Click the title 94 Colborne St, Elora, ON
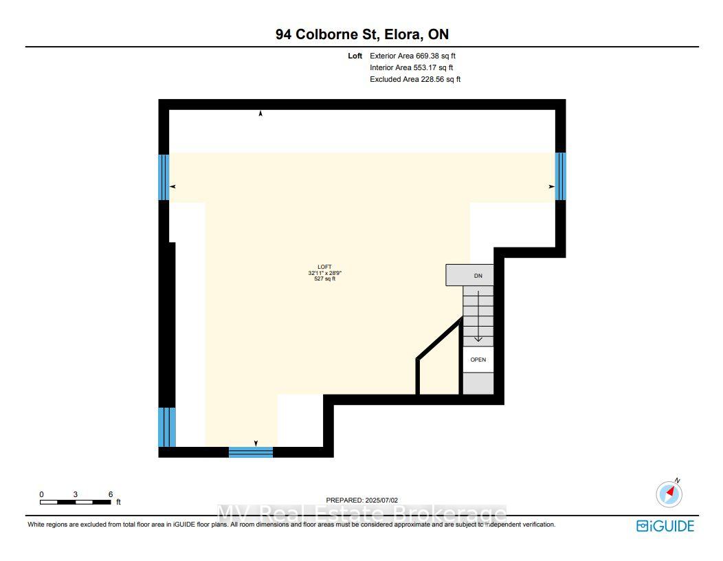[362, 34]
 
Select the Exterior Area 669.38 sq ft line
[412, 56]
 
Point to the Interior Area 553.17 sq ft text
[411, 67]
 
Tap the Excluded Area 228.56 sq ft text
[415, 79]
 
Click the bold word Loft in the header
[355, 56]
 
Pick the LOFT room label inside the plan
[324, 267]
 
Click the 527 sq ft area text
[324, 278]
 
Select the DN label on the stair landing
[478, 276]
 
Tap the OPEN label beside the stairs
[478, 360]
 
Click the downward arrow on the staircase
[478, 316]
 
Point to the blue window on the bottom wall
[251, 452]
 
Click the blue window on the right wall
[560, 176]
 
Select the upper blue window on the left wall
[164, 177]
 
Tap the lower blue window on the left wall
[167, 427]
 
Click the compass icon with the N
[669, 493]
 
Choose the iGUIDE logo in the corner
[665, 526]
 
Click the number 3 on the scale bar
[75, 494]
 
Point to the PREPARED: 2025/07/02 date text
[362, 500]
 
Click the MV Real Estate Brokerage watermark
[362, 514]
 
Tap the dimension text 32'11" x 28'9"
[324, 273]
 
